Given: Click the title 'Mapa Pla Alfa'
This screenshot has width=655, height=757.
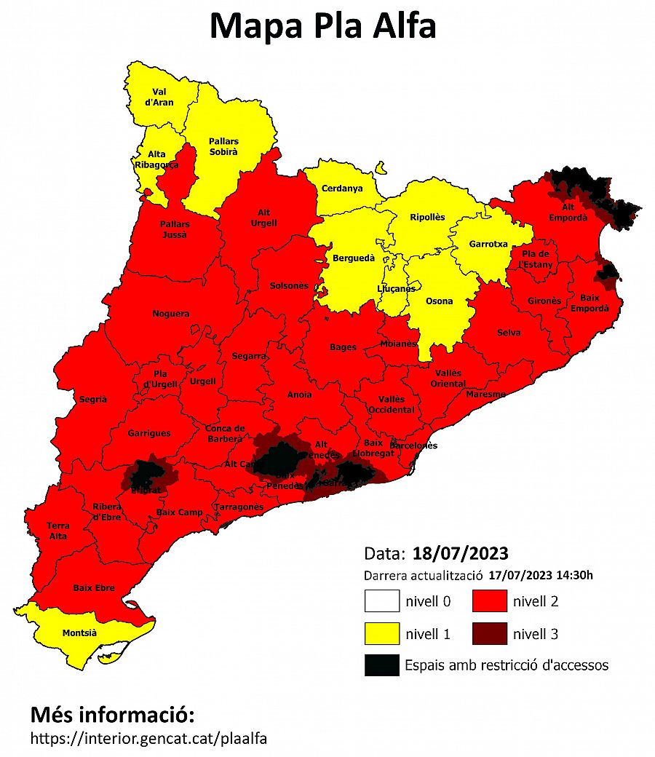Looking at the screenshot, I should [x=323, y=26].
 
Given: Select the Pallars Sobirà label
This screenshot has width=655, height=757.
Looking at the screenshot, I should [x=223, y=146].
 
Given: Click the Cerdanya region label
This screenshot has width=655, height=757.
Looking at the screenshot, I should [x=341, y=189].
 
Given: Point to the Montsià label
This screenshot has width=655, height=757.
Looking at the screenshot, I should [x=79, y=633].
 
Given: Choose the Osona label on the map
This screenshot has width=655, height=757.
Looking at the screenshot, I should [x=439, y=301].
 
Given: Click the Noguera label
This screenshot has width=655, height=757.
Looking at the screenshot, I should [x=170, y=314].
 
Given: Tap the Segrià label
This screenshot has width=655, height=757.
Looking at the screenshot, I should [x=92, y=399].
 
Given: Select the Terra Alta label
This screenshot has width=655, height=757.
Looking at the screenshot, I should [x=57, y=531].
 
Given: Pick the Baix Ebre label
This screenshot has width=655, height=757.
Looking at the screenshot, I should [x=94, y=587].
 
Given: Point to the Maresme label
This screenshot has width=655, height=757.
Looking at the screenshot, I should [x=485, y=394].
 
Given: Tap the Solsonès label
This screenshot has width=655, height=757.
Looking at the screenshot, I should [x=289, y=286].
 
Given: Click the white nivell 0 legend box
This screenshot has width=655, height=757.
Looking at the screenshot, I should [x=382, y=601].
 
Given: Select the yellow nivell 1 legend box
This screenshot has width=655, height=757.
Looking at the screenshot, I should [x=382, y=633].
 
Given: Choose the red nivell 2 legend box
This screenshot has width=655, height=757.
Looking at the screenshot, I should [x=489, y=601].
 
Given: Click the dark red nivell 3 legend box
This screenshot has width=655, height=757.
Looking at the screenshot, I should [x=489, y=633].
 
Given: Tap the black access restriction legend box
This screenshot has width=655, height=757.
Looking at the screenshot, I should [x=382, y=665].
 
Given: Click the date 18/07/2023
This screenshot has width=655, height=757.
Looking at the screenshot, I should [x=460, y=552].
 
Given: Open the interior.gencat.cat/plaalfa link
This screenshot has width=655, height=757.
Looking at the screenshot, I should [x=148, y=738].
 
